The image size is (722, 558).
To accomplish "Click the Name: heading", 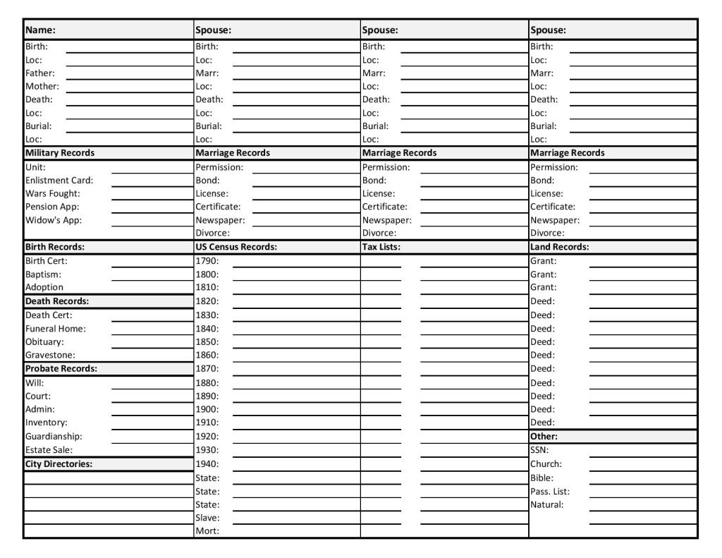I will point(40,30).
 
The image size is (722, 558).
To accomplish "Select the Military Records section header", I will point(60,152).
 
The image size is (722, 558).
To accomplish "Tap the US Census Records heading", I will point(235,247).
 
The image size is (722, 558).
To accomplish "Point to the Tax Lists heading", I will point(381,247).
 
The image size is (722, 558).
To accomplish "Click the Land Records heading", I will point(559,247).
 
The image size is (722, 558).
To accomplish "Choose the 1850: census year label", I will point(207,341).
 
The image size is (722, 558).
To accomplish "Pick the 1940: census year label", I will point(207,463).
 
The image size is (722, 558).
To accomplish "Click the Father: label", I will point(40,73).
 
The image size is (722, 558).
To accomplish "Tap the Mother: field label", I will point(42,86).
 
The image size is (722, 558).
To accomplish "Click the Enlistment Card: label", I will point(59,180).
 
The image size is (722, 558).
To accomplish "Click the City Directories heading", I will point(59,463).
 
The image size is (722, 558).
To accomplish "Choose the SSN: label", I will point(539,449).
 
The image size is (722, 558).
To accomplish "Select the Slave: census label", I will point(207,518).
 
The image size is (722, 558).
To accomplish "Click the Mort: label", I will point(207,531).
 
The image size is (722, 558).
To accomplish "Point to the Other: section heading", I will point(544,436).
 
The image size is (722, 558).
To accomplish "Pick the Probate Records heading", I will point(61,368).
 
